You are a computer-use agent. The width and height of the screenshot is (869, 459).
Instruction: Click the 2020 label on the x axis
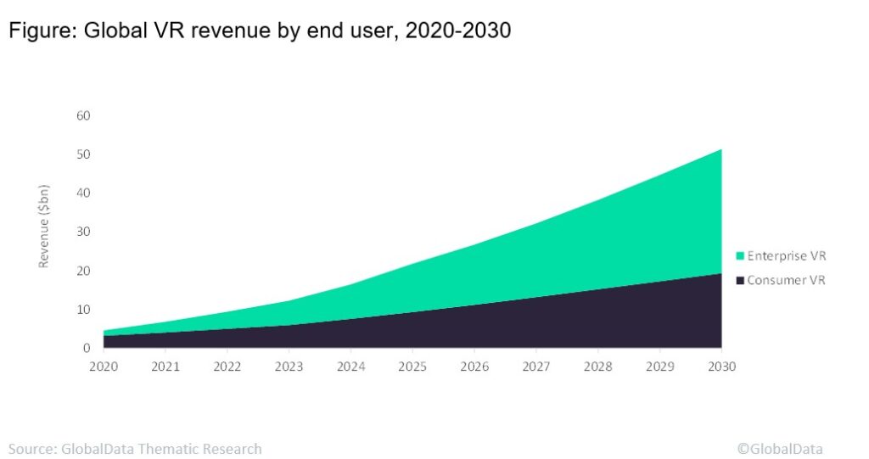[104, 367]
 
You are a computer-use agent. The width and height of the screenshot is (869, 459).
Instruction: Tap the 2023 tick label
[289, 367]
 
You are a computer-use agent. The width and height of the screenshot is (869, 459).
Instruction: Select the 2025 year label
[412, 367]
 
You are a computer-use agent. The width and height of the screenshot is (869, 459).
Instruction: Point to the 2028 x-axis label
[597, 367]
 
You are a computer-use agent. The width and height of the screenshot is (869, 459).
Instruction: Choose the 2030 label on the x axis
[721, 367]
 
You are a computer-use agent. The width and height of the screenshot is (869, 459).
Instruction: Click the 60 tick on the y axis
[84, 115]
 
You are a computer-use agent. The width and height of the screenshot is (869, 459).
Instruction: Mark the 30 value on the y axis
[84, 232]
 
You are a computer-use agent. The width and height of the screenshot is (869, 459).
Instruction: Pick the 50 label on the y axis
[84, 154]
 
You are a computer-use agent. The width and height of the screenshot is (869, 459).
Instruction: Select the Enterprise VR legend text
[786, 255]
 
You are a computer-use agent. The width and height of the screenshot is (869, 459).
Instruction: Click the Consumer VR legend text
[786, 280]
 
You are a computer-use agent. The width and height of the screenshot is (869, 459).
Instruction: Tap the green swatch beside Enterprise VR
[739, 255]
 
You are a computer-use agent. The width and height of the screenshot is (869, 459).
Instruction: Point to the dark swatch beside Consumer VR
[739, 280]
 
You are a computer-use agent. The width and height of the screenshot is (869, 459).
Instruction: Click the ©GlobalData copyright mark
[779, 449]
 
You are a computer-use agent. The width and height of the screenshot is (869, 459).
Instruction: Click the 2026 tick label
[474, 367]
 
